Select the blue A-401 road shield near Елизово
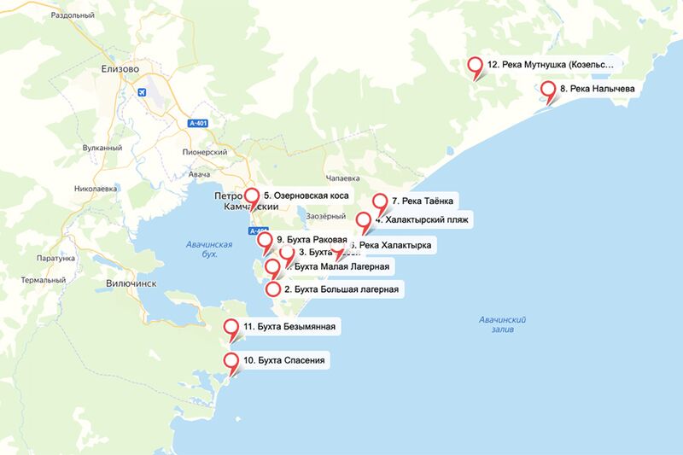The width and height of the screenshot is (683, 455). click(198, 124)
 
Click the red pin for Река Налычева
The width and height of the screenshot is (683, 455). click(548, 89)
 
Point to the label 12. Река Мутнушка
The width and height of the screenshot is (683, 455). click(551, 65)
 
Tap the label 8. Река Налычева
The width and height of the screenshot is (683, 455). click(598, 89)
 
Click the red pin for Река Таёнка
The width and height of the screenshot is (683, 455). click(381, 202)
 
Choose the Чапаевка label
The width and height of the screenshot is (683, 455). click(332, 179)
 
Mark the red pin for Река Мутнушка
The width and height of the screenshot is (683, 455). click(476, 65)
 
